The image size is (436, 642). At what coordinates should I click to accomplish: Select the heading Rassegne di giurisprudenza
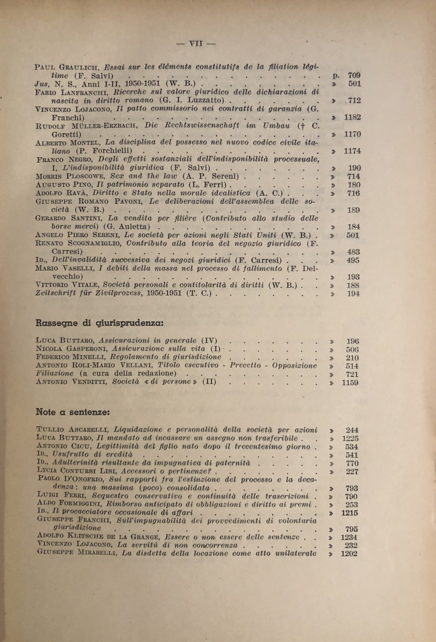tap(100, 323)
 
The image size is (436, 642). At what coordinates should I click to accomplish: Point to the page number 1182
tap(352, 117)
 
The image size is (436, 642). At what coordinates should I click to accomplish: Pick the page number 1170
tap(352, 135)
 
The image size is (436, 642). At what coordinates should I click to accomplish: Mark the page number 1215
tap(349, 513)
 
